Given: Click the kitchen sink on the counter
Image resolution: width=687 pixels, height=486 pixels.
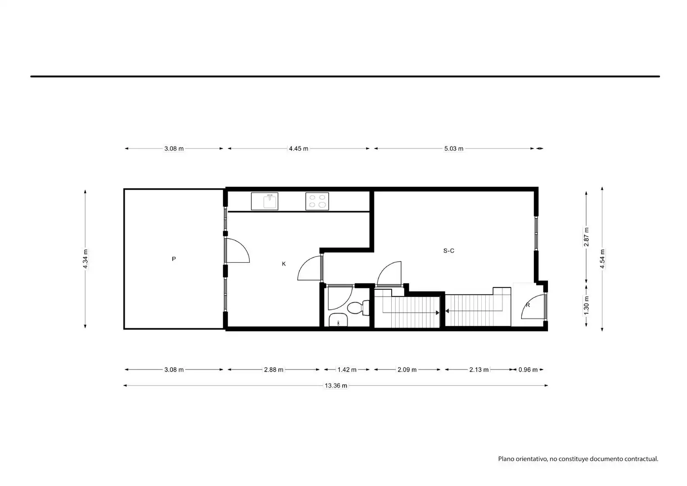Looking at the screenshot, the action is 265,202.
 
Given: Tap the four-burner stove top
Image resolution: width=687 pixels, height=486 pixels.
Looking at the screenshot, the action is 317,202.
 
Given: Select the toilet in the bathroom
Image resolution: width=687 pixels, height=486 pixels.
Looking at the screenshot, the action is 358,308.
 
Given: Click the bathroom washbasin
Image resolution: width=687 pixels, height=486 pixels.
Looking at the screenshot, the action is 338,320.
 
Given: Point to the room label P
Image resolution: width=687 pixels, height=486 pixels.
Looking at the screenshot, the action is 174,259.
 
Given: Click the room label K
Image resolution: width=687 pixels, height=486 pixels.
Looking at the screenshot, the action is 284,264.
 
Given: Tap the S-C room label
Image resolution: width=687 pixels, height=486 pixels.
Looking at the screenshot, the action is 449,251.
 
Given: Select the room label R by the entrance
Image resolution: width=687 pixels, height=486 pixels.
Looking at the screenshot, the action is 528,305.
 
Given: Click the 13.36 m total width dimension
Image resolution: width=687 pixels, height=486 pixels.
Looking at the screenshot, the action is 336,386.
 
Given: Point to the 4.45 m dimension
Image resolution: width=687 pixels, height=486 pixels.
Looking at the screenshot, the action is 298,148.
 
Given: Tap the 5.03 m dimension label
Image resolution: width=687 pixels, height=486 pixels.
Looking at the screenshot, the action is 454,148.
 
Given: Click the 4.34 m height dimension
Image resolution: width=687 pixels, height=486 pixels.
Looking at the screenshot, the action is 86,259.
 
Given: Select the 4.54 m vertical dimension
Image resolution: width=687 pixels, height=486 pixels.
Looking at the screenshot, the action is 602,259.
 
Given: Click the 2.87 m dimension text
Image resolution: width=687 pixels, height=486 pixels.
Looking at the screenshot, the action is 586,237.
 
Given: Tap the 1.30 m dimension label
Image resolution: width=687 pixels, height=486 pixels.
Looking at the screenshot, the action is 586,305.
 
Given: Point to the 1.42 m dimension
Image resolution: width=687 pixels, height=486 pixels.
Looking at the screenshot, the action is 347,370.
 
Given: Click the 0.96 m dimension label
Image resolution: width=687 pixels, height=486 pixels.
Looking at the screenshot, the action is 528,370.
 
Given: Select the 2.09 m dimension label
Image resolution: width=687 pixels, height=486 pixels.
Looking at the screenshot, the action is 407,370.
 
